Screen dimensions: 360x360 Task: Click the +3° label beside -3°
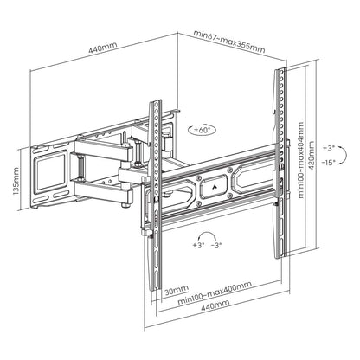click(198, 245)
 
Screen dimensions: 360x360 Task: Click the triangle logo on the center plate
click(209, 183)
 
